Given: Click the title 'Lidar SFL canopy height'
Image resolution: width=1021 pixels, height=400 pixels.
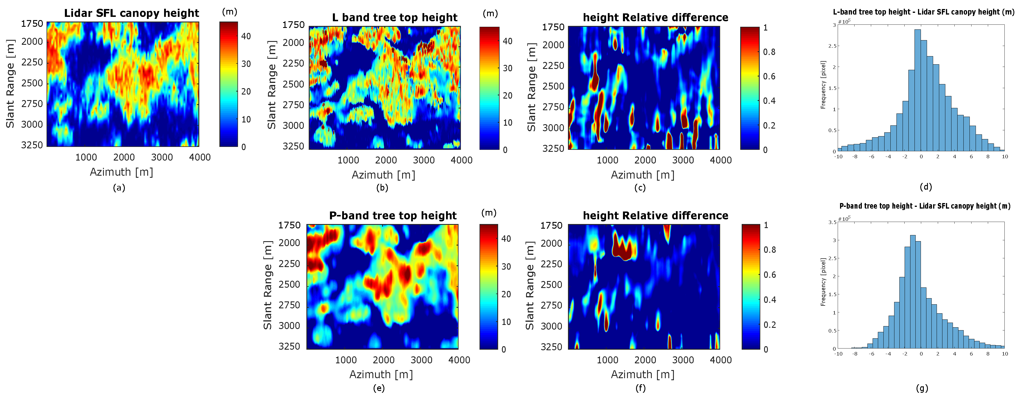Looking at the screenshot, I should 131,13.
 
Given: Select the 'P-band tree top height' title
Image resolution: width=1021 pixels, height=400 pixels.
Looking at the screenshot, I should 393,216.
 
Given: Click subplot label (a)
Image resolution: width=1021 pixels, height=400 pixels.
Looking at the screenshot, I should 119,188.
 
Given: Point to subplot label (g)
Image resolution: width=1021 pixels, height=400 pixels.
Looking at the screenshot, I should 922,388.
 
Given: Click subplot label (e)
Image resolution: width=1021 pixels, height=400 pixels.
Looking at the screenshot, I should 379,388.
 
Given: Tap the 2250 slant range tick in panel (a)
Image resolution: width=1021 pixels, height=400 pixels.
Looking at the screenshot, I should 32,62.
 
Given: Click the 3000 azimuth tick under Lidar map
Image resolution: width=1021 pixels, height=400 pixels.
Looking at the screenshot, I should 162,157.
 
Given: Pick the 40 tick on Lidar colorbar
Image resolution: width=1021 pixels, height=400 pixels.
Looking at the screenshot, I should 246,36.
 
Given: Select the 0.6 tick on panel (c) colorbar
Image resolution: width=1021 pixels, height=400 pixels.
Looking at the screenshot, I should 769,77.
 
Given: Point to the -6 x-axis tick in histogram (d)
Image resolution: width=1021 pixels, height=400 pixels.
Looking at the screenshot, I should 871,157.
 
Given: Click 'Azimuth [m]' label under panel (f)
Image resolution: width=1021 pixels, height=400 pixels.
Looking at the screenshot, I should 642,374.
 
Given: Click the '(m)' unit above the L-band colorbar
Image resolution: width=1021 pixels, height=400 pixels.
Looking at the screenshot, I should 490,13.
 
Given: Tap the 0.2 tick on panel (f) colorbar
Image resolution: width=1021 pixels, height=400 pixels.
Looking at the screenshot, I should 770,325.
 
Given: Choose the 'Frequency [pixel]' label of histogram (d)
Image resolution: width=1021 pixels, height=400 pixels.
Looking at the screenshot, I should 823,85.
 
